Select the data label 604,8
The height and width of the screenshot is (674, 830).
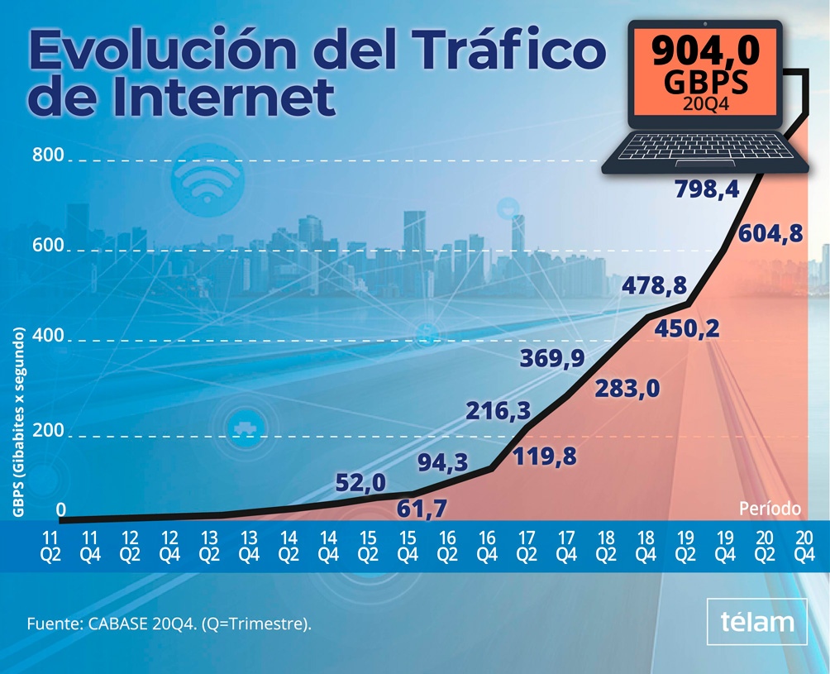770,233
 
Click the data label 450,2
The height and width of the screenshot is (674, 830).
687,329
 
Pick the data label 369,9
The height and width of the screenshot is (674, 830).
552,358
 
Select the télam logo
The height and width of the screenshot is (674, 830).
757,622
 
